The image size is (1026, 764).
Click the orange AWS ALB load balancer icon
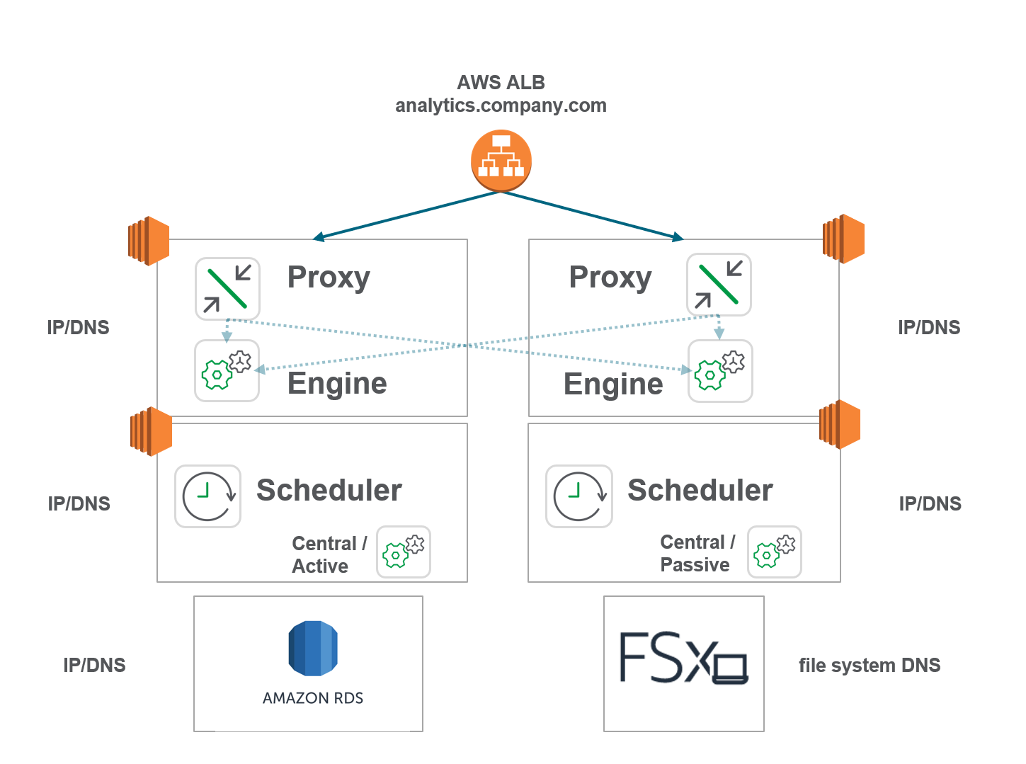click(501, 161)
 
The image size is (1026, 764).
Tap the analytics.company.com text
click(501, 106)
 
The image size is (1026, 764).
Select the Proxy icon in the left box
click(227, 288)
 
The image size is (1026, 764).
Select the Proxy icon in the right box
click(719, 285)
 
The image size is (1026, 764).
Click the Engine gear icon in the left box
click(227, 371)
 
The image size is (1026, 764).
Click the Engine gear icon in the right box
click(720, 371)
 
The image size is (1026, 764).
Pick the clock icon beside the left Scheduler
click(207, 496)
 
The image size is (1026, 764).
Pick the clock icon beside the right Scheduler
click(578, 496)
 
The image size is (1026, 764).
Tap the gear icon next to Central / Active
click(403, 552)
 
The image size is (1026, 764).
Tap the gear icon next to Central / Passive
click(775, 552)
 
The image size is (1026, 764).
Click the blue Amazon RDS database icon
click(313, 648)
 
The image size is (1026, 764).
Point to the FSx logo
click(683, 658)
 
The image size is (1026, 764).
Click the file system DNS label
click(870, 666)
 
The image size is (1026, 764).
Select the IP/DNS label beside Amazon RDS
click(94, 666)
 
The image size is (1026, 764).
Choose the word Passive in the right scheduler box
click(695, 565)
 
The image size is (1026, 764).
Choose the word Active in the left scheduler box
click(320, 566)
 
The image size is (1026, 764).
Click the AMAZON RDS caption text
click(313, 698)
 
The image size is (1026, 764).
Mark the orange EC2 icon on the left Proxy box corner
click(149, 241)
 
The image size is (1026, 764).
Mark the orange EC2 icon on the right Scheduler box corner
click(840, 424)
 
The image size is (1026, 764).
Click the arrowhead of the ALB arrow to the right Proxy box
click(678, 238)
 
